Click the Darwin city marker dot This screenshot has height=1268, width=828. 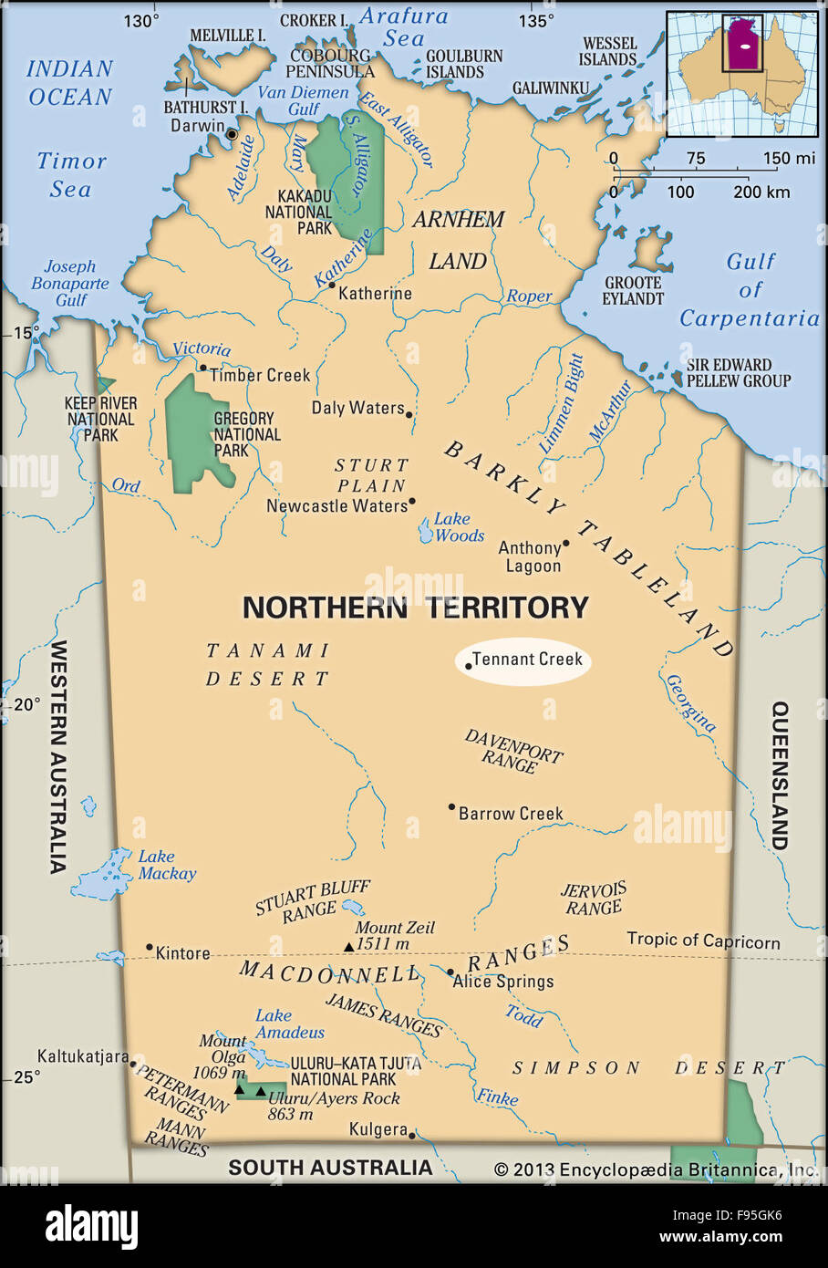tap(232, 134)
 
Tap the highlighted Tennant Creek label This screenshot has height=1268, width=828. tap(527, 659)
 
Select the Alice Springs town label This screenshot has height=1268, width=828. tap(503, 982)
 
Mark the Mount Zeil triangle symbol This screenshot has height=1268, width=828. tap(348, 947)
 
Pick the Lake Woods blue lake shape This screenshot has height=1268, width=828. tap(426, 531)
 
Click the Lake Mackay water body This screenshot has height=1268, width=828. tap(102, 873)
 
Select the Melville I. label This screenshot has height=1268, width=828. tap(228, 36)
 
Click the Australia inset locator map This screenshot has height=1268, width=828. tap(741, 73)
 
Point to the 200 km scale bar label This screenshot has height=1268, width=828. tap(762, 192)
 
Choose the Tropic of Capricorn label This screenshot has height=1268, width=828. tap(703, 940)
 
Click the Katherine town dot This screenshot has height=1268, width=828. tap(332, 285)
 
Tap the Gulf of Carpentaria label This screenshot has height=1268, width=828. tap(750, 290)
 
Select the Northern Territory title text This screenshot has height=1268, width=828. tap(415, 607)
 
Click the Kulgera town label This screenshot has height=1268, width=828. tap(378, 1129)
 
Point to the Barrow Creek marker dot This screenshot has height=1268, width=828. tap(451, 806)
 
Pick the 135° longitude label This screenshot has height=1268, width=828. tap(536, 21)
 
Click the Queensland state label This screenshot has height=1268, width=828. tap(781, 775)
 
